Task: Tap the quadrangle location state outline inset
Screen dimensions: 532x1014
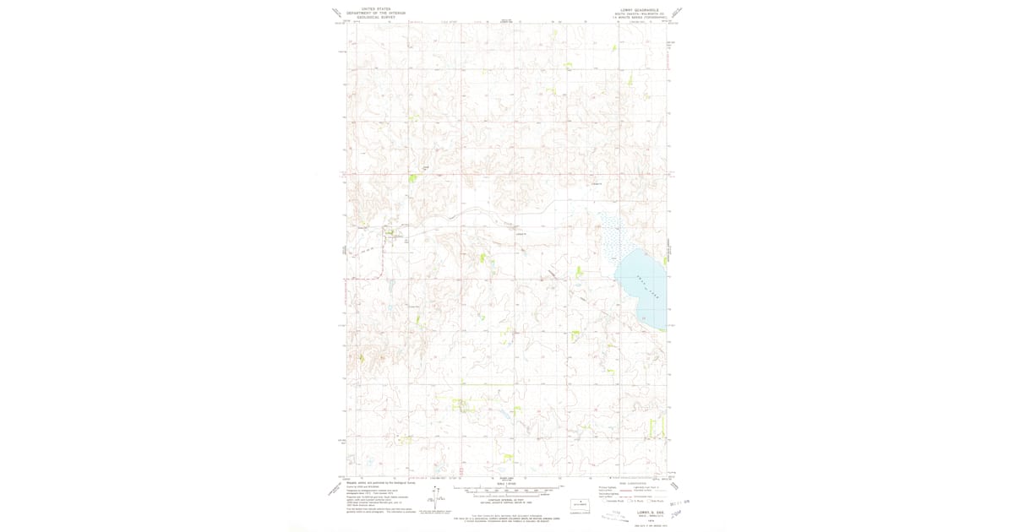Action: pyautogui.click(x=580, y=502)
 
